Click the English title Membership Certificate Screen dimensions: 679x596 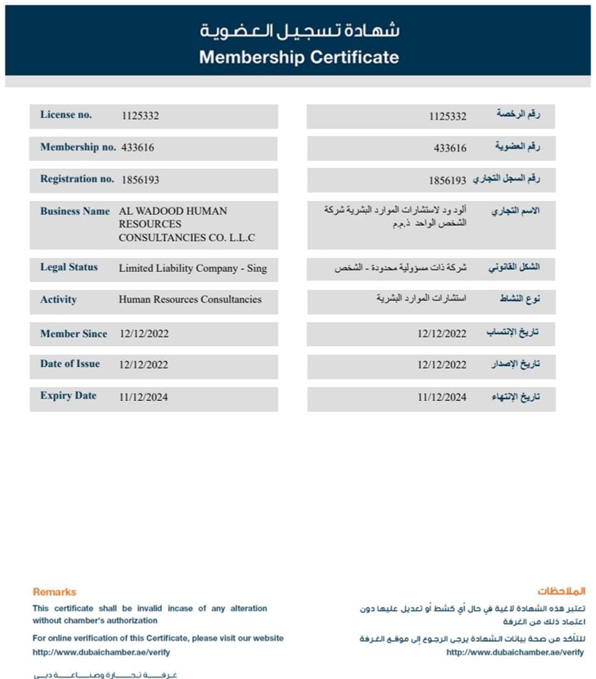click(x=299, y=57)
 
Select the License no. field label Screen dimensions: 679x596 click(x=66, y=115)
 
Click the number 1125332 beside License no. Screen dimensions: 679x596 click(x=140, y=116)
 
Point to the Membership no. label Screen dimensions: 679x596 click(x=78, y=147)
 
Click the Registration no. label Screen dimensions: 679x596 click(x=77, y=179)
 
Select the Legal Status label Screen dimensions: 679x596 click(x=69, y=267)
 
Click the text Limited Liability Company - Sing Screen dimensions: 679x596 click(x=193, y=269)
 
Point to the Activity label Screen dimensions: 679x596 click(x=59, y=299)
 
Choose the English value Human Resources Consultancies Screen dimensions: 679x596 click(x=189, y=299)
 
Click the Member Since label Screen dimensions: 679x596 click(x=74, y=334)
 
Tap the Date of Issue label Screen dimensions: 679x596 click(x=70, y=364)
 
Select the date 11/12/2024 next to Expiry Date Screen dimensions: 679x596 click(x=143, y=396)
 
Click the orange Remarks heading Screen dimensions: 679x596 click(x=54, y=592)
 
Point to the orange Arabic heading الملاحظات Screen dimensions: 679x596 click(x=561, y=591)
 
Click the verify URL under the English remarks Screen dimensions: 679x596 click(x=101, y=652)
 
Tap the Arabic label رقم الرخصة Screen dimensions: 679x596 click(x=518, y=115)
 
